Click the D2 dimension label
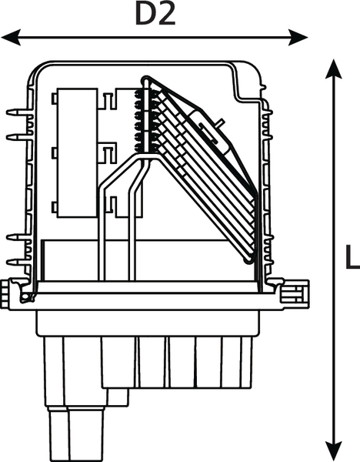click(x=155, y=15)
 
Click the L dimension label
click(x=352, y=256)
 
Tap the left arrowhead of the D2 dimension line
click(x=11, y=38)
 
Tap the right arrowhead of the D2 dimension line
click(x=298, y=38)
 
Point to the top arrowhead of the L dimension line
click(x=334, y=69)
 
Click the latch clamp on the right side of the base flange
click(x=295, y=294)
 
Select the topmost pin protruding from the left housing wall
click(x=18, y=112)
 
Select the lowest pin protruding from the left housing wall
click(x=18, y=262)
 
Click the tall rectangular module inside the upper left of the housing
click(x=78, y=152)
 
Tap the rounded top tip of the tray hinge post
click(x=145, y=80)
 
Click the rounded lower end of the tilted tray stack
click(x=249, y=259)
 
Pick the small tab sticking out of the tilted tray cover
click(x=219, y=122)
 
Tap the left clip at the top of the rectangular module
click(x=55, y=99)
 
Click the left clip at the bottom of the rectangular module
click(x=55, y=207)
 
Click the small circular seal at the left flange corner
click(x=26, y=296)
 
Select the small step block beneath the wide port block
click(x=118, y=397)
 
